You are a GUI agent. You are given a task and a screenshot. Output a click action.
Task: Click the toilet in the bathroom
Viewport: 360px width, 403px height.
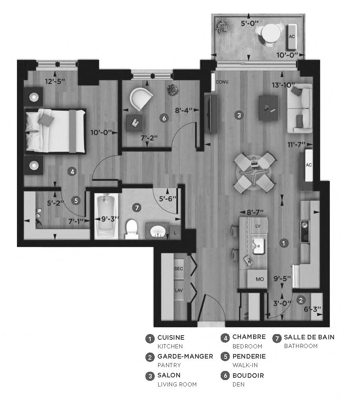pyautogui.click(x=132, y=229)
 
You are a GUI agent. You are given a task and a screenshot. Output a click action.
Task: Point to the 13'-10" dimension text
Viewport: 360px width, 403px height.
pyautogui.click(x=283, y=85)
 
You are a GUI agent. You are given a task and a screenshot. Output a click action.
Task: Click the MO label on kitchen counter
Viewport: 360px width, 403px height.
pyautogui.click(x=259, y=279)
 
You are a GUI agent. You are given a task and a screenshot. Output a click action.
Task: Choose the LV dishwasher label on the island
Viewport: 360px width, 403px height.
pyautogui.click(x=258, y=226)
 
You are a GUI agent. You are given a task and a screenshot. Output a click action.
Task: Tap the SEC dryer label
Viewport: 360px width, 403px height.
pyautogui.click(x=178, y=269)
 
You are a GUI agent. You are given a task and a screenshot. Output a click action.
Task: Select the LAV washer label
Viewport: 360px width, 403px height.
pyautogui.click(x=178, y=290)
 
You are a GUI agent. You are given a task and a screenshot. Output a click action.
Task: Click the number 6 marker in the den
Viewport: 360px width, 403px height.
pyautogui.click(x=164, y=118)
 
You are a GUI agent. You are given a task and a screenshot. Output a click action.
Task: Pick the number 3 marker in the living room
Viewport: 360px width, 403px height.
pyautogui.click(x=238, y=114)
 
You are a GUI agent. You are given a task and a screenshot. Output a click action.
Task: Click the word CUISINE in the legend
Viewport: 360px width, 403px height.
pyautogui.click(x=171, y=337)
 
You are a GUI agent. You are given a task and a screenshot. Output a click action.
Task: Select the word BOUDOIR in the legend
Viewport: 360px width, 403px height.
pyautogui.click(x=248, y=376)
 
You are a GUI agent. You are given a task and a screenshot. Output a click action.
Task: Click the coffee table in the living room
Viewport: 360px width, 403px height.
pyautogui.click(x=268, y=107)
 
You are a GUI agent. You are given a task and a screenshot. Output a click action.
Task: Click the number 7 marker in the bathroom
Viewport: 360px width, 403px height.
pyautogui.click(x=137, y=207)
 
